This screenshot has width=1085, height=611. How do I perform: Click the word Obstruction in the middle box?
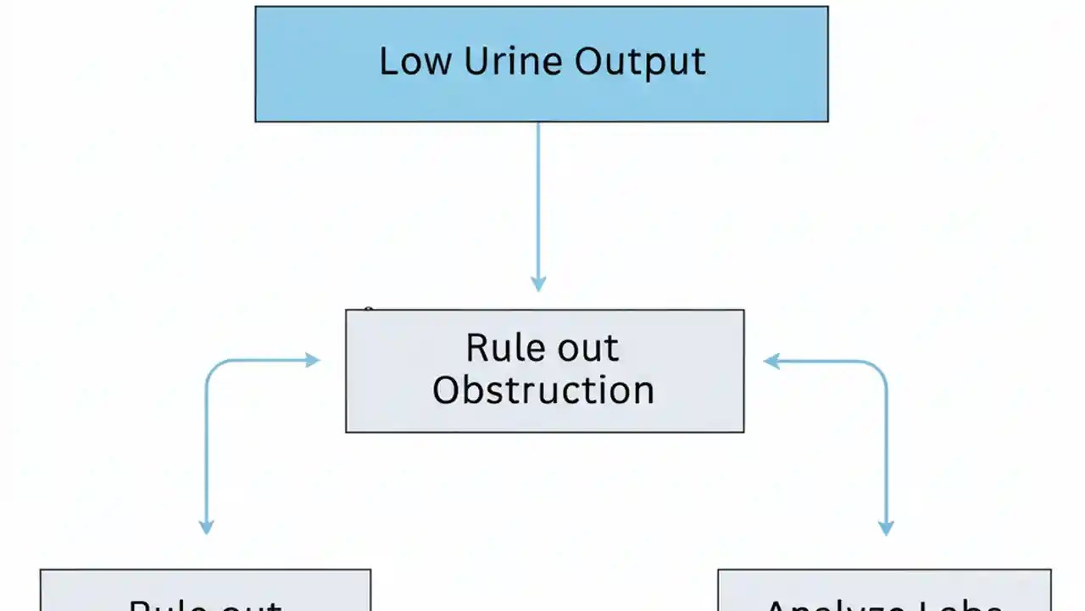543,390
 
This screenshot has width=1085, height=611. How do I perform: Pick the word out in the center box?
587,349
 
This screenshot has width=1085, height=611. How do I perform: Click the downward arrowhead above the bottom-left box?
206,525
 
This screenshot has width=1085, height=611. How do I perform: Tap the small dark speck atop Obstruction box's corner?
368,310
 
